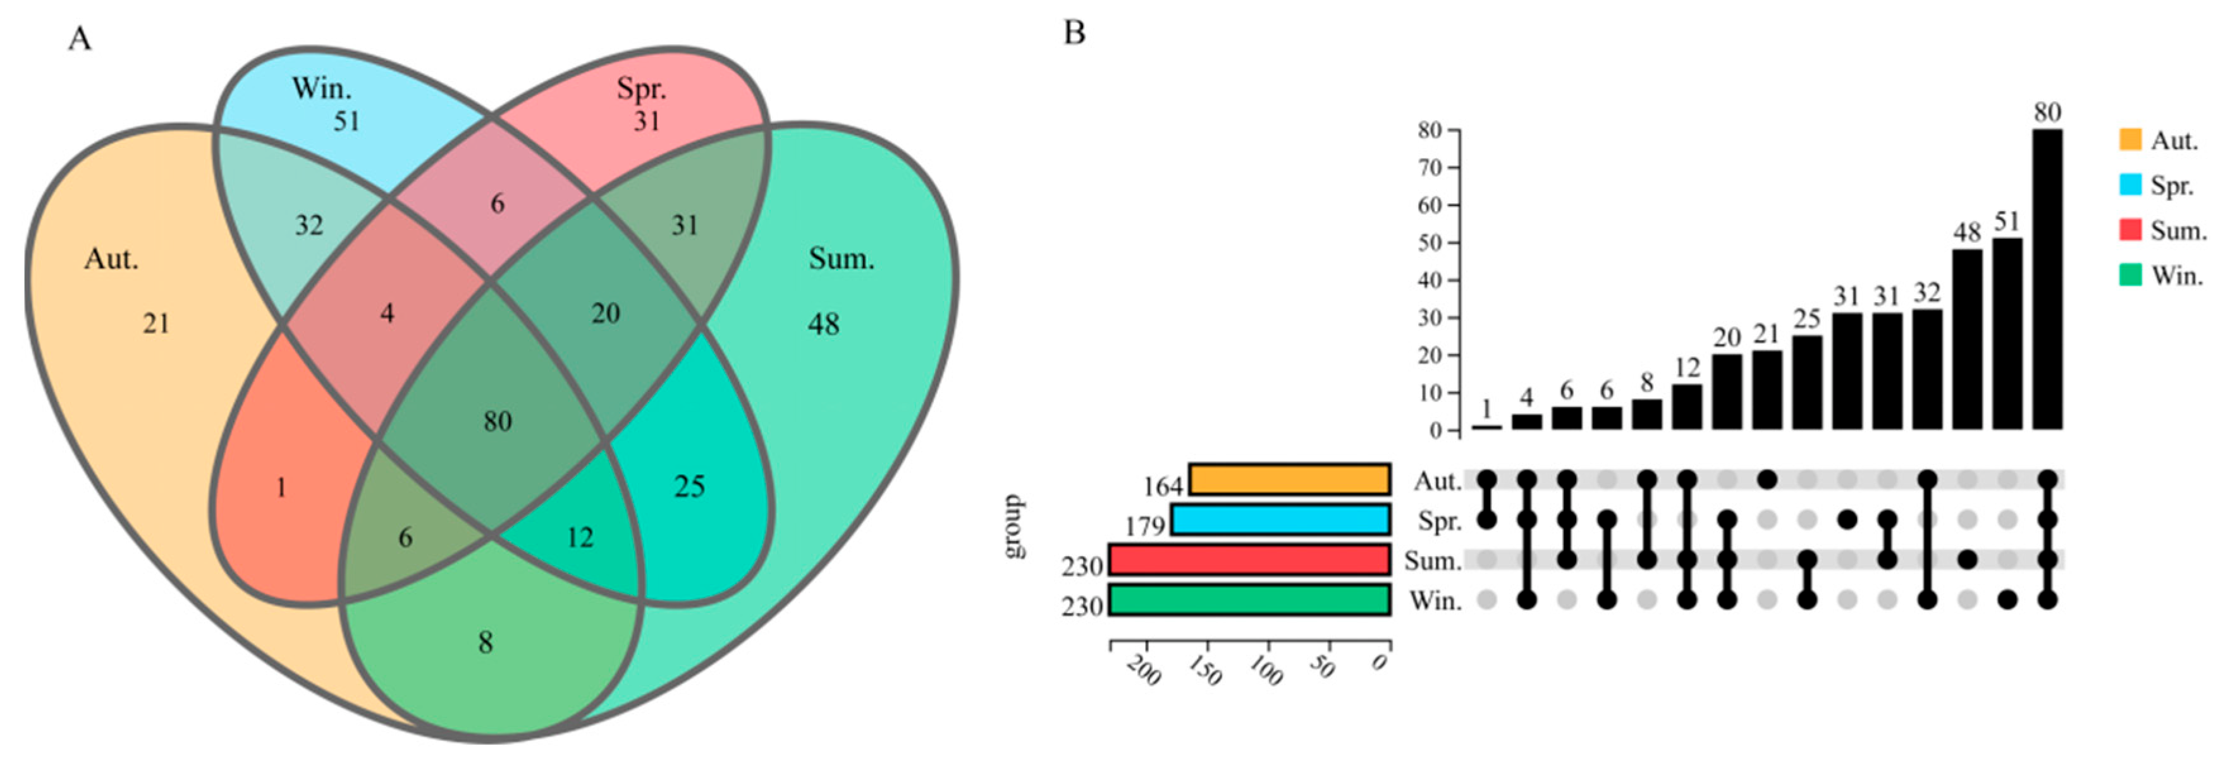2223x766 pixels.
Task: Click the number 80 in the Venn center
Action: point(497,421)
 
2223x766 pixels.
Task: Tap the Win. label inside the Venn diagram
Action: point(321,88)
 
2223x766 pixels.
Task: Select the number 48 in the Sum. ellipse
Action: point(823,324)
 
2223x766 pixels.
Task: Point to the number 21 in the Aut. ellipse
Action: point(156,324)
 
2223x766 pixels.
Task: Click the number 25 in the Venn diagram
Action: point(690,487)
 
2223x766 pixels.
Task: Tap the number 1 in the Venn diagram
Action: point(281,489)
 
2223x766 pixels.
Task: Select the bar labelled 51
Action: point(2007,333)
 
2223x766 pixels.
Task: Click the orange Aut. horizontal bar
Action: point(1289,480)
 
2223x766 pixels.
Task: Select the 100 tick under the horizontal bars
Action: point(1265,670)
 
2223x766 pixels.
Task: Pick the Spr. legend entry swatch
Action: point(2131,185)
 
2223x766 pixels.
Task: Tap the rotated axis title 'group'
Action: point(1015,526)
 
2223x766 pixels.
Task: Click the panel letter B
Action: point(1074,33)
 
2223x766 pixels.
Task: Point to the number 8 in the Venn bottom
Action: point(486,643)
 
